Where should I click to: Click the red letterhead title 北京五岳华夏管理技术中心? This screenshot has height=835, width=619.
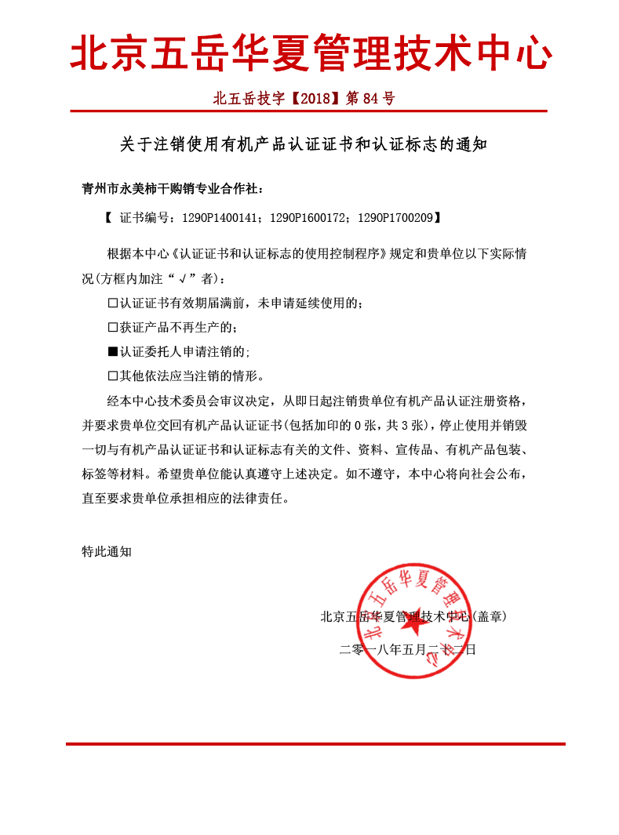click(x=311, y=54)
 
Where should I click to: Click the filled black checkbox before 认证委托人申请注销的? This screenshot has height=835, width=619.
click(x=112, y=351)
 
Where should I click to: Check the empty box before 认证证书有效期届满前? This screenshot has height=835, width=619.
click(x=112, y=303)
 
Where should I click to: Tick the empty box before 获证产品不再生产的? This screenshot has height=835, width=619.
click(x=112, y=327)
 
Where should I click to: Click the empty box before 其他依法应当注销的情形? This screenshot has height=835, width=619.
click(x=112, y=376)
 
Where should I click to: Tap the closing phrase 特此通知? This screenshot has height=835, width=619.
click(x=107, y=551)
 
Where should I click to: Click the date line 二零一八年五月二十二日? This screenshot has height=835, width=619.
click(x=407, y=649)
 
